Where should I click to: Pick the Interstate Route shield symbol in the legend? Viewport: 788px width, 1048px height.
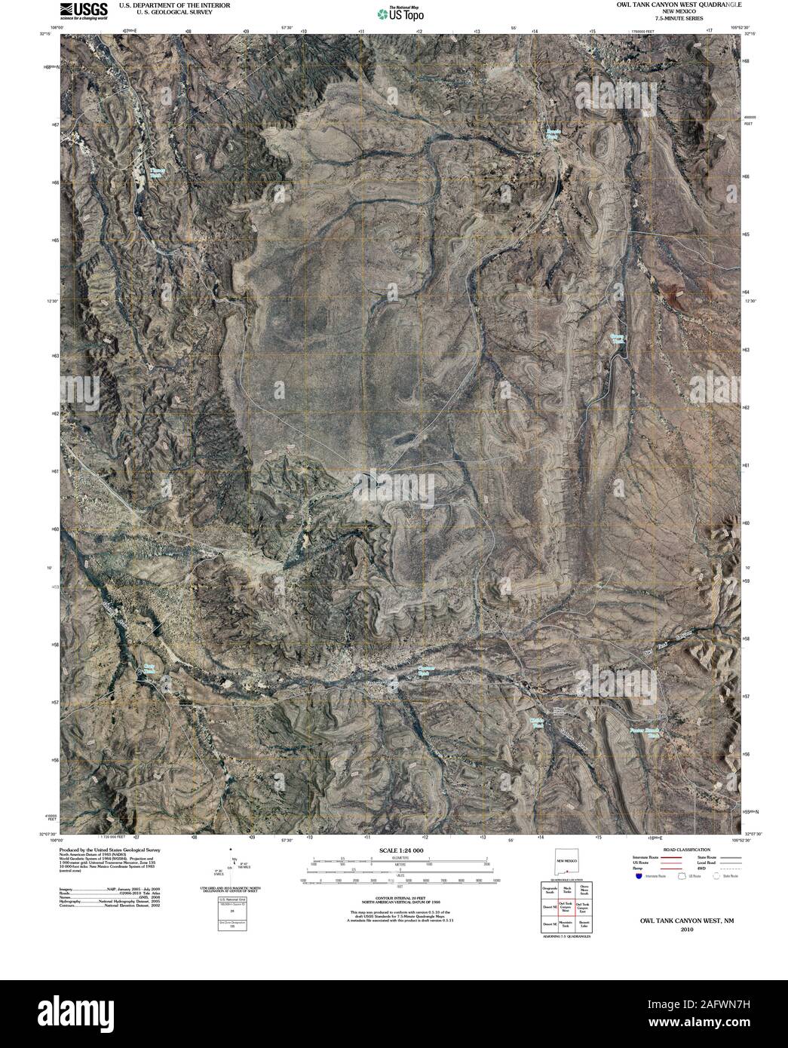point(639,878)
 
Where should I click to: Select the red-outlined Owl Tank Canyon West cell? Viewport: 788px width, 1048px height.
point(566,906)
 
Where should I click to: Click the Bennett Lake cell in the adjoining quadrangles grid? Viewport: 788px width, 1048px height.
point(583,924)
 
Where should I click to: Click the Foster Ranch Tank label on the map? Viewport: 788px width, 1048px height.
point(645,731)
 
